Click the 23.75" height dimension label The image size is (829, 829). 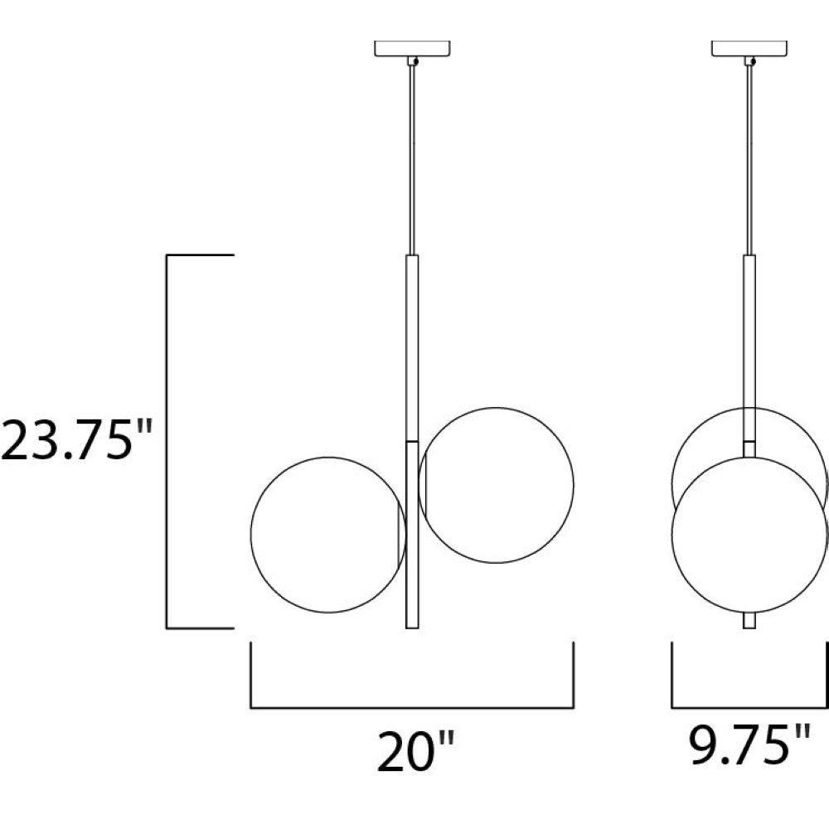coord(76,440)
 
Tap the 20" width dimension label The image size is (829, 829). coord(416,751)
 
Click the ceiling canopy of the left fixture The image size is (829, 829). coord(412,48)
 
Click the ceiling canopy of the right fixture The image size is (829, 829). coord(749,48)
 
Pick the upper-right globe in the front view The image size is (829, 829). coord(574,485)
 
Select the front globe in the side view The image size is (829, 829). coord(671,535)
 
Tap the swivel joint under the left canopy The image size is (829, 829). coord(413,61)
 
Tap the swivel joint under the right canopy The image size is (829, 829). coord(749,61)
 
